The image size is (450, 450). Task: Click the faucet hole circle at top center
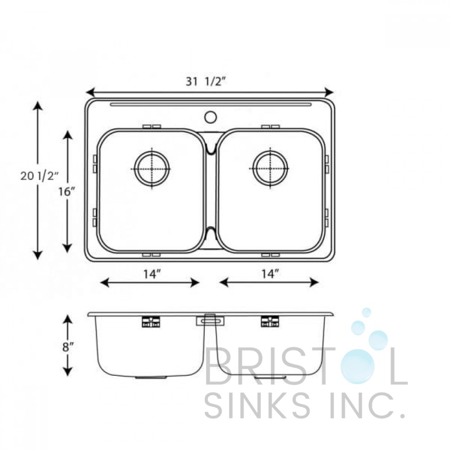[x=210, y=117]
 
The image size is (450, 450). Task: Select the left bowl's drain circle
[x=152, y=169]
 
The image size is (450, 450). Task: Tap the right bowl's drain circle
[x=270, y=169]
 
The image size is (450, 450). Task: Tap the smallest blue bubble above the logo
[x=366, y=312]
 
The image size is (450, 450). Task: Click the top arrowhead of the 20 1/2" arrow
[x=38, y=105]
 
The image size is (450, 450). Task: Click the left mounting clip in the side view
[x=151, y=321]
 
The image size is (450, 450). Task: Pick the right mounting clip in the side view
[x=270, y=321]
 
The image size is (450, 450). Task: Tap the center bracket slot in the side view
[x=209, y=320]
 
